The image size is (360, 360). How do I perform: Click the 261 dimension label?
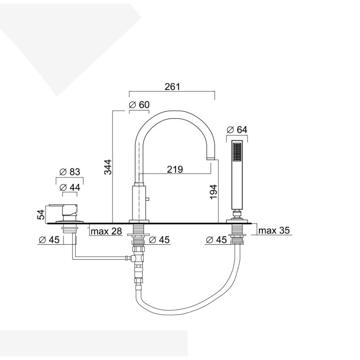click(x=172, y=86)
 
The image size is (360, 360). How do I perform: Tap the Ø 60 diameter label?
click(x=139, y=105)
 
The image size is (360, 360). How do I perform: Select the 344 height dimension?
click(x=108, y=167)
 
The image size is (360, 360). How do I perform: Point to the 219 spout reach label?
click(x=175, y=170)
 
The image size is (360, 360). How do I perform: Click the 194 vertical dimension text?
click(x=213, y=192)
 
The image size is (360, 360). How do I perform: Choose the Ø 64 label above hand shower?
click(x=237, y=130)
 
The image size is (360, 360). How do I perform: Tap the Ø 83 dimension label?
click(x=70, y=172)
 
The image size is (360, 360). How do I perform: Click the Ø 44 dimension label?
click(x=70, y=188)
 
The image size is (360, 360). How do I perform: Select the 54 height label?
click(x=41, y=215)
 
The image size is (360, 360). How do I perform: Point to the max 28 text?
click(x=106, y=231)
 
